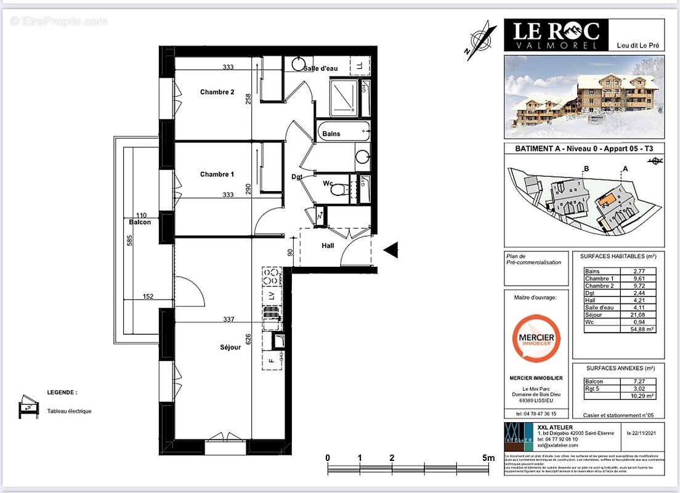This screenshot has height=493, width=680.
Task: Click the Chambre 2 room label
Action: click(x=217, y=92)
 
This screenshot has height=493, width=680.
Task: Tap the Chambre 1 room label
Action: click(x=217, y=174)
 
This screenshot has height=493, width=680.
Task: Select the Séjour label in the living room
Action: click(x=212, y=348)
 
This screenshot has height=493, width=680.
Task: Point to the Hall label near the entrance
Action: click(x=328, y=245)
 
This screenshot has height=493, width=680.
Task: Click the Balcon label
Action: click(x=140, y=222)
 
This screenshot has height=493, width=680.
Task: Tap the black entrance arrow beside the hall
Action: click(x=391, y=250)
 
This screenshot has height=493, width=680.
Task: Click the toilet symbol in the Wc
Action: click(x=336, y=190)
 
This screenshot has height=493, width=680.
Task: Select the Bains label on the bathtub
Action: click(x=331, y=134)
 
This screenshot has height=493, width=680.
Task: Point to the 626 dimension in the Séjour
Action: click(x=248, y=339)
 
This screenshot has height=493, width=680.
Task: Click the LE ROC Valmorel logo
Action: click(x=556, y=35)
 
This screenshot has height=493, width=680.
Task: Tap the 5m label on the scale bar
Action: click(x=488, y=458)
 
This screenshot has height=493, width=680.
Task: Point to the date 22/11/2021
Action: click(x=645, y=433)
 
